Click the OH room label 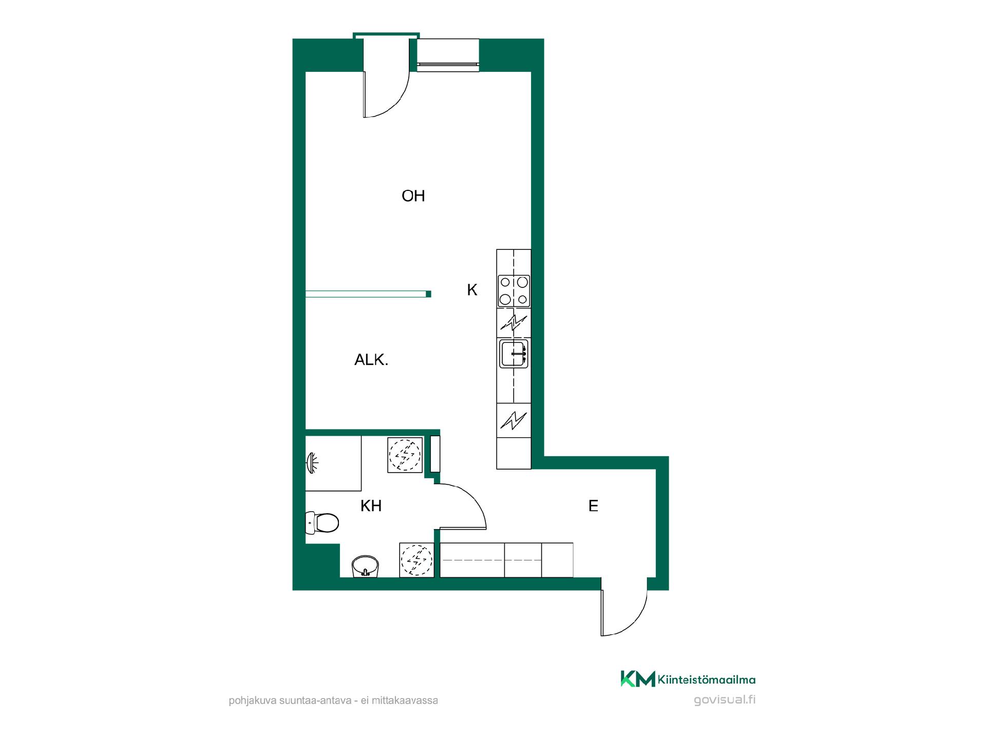tap(413, 196)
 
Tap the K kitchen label tap(472, 290)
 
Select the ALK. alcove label tap(371, 360)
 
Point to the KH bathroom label tap(371, 506)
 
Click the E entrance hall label tap(593, 506)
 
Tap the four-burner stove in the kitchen tap(514, 290)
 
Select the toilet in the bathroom tap(322, 523)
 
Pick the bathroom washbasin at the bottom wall tap(366, 566)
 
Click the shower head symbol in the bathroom tap(312, 463)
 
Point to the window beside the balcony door tap(448, 54)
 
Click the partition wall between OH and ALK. tap(368, 294)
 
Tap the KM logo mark tap(638, 678)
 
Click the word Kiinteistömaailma tap(707, 680)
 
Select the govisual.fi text tap(724, 700)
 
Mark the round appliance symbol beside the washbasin tap(417, 560)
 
